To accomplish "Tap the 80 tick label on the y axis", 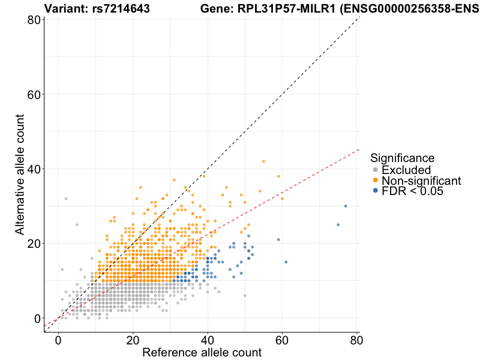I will coord(34,20).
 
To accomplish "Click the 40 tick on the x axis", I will coord(208,333).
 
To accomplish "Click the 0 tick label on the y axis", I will coord(37,318).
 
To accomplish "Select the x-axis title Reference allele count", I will coord(202,352).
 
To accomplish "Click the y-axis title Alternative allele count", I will coord(20,169).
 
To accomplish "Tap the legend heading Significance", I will coord(402,158).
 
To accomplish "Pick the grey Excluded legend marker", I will coord(376,170).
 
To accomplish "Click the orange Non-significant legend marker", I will coord(376,181).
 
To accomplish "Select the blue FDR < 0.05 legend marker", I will coord(376,191).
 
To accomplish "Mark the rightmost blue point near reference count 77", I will coord(346,206).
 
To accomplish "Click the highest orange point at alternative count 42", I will coord(263,161).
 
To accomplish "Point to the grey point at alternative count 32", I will coord(66,199).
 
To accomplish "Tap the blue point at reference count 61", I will coord(286,262).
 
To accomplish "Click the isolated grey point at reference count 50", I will coord(245,295).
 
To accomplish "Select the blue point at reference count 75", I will coord(338,224).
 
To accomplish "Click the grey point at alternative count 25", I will coord(77,224).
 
